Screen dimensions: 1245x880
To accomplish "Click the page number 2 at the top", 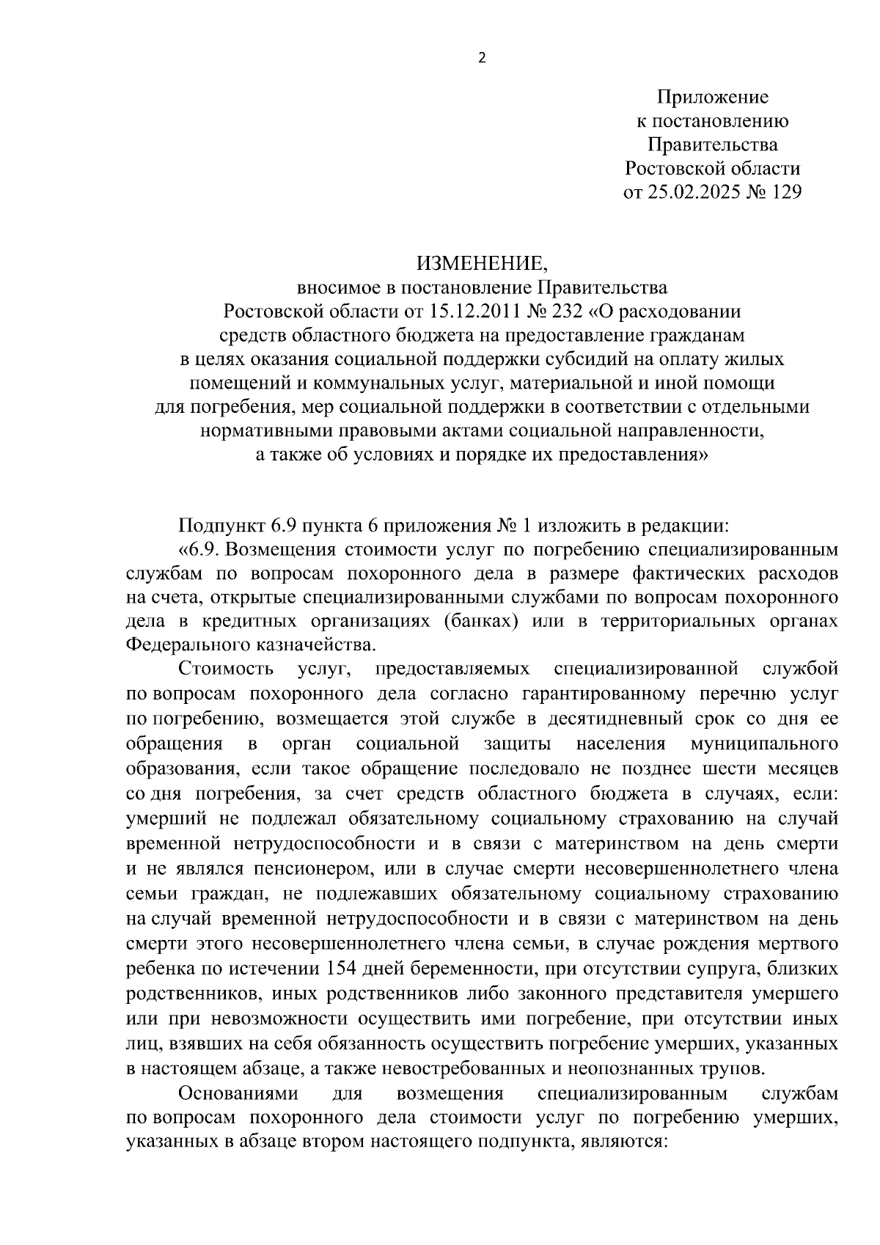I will (482, 59).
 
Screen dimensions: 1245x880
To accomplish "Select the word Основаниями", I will (239, 1093).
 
